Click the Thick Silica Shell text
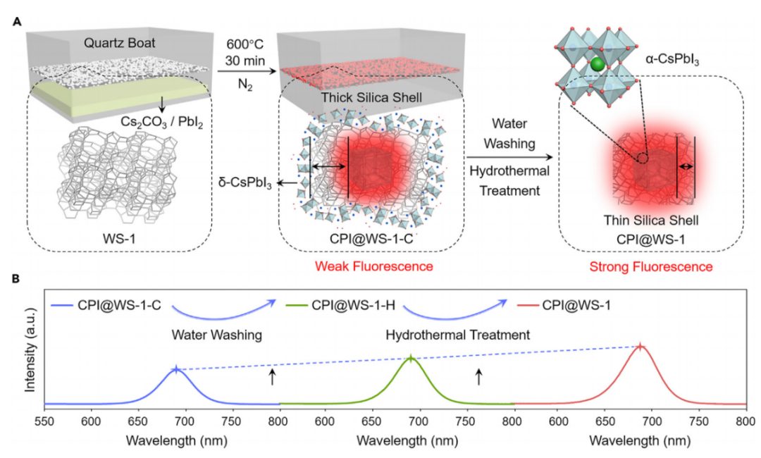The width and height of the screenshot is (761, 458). tap(367, 98)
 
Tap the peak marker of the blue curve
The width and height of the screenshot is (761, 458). tap(175, 369)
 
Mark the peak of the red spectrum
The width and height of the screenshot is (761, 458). tap(640, 346)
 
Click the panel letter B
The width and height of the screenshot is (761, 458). tap(16, 279)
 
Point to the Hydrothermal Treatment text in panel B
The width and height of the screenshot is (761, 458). tap(457, 335)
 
